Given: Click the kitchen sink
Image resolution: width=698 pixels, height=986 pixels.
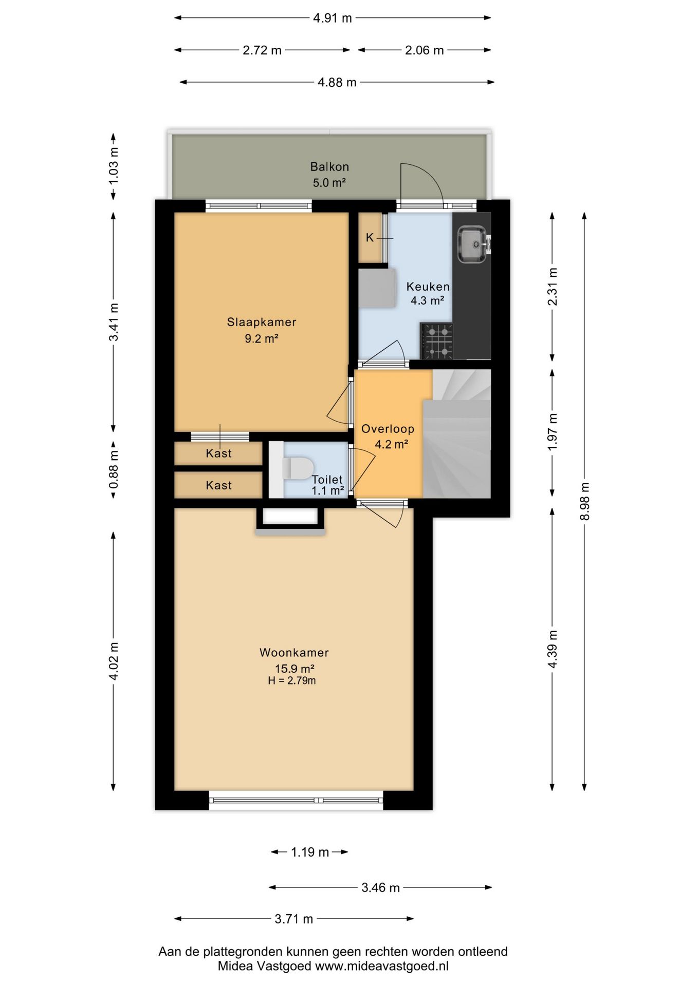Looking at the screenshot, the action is point(472,244).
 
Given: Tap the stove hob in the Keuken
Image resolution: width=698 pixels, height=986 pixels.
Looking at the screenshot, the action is point(436,340).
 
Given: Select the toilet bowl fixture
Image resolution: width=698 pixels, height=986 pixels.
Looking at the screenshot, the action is point(298,468).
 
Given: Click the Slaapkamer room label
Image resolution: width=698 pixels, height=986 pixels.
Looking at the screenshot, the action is point(262,322).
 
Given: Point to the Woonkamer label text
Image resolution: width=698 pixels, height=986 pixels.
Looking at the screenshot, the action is point(294,653).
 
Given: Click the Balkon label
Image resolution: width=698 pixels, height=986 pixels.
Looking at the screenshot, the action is point(329,167).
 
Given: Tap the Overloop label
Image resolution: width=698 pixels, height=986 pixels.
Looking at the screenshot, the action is point(388,429).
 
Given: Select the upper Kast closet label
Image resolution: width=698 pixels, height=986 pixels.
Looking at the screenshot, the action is point(218,453).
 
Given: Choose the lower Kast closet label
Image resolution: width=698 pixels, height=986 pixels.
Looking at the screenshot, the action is point(218,485).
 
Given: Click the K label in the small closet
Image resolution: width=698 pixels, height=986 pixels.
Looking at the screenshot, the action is point(370,238).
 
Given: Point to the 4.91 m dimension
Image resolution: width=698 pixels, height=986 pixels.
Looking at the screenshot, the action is point(333,18).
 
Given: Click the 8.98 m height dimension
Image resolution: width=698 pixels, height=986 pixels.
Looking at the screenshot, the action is point(584,501).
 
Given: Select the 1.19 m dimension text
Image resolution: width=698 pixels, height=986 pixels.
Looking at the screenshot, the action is point(310,852).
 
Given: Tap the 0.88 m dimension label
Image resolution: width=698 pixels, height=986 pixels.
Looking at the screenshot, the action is point(114,470).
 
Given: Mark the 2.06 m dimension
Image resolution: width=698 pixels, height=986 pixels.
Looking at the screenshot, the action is point(424,50).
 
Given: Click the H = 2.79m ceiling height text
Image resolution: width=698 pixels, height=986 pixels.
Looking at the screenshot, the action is point(292,681).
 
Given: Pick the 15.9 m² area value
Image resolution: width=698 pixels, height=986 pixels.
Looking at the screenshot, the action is point(295,669).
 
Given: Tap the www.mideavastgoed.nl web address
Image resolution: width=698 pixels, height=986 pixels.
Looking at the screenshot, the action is point(382,966).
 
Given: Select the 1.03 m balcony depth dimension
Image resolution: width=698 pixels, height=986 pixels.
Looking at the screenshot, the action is point(114,166).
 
